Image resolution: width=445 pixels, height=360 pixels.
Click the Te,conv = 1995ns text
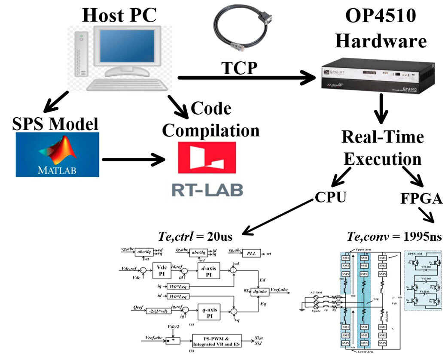[394, 236]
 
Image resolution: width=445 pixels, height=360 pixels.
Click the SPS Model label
[55, 124]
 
